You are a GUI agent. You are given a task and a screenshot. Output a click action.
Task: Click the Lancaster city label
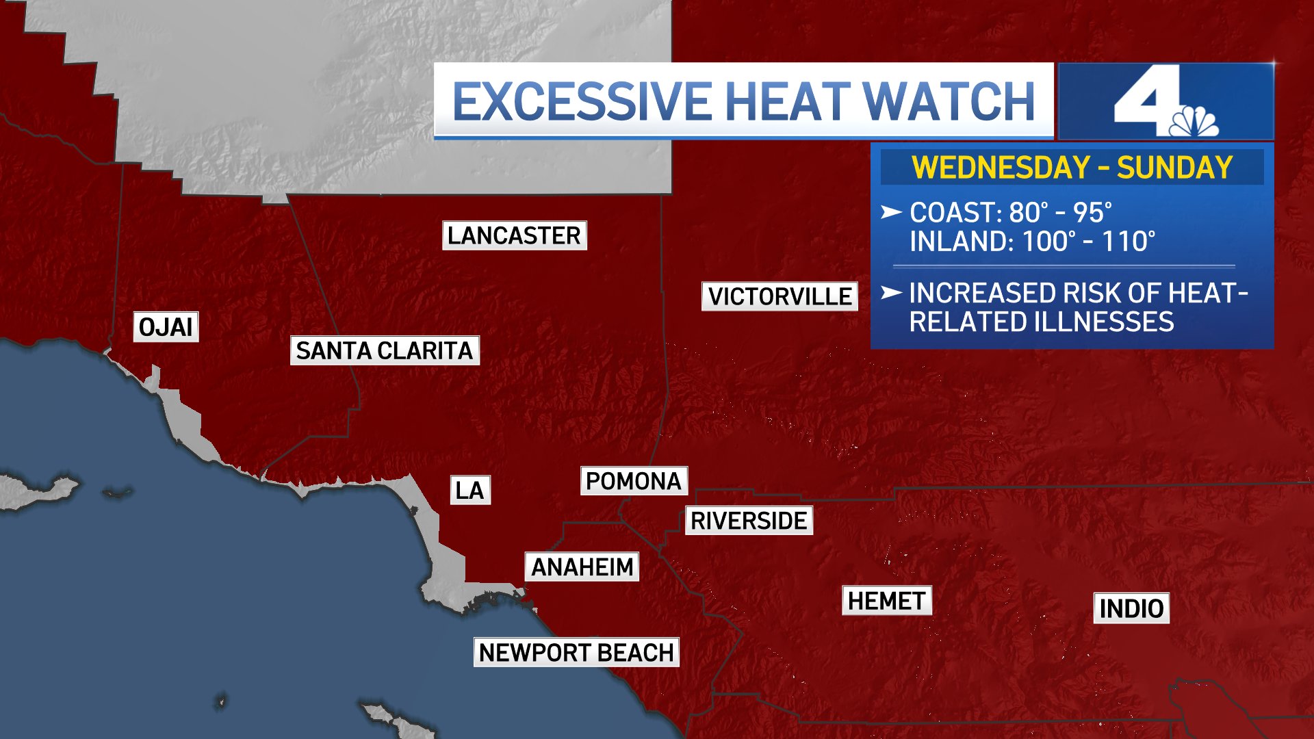(514, 235)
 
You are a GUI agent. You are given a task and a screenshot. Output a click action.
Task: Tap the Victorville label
(780, 296)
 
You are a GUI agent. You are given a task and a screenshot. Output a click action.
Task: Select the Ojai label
(166, 327)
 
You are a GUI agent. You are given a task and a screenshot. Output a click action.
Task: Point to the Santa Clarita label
(385, 350)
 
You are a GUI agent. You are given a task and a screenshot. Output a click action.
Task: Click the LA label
(470, 490)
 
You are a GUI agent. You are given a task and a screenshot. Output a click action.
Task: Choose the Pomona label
(634, 481)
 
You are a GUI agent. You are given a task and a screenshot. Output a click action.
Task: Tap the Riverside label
(749, 521)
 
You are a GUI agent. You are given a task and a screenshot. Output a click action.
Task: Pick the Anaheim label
(582, 567)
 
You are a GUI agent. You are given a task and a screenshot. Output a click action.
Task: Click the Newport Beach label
(576, 652)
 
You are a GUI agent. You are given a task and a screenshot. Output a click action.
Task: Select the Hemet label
(886, 601)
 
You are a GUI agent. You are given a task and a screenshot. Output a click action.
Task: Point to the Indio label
(1131, 608)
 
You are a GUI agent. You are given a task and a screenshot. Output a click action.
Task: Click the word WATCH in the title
(949, 101)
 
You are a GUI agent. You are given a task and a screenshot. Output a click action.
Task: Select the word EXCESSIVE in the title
(582, 101)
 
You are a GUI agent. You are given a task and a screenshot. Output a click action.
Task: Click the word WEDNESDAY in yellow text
(1001, 168)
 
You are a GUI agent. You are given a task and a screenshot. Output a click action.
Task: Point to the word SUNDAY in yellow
(1174, 168)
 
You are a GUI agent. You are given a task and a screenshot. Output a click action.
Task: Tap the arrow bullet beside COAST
(891, 212)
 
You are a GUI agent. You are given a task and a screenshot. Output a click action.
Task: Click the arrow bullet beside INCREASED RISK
(891, 293)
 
